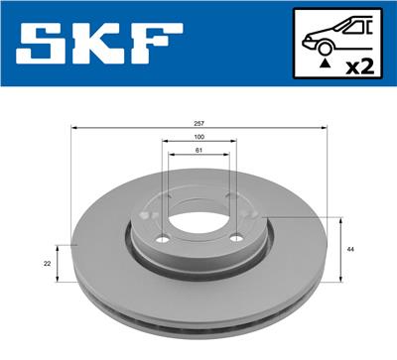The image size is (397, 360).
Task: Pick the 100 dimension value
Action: pos(199,138)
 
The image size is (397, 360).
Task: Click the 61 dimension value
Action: pos(199,151)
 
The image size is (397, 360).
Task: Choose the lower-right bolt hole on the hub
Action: pos(235,239)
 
